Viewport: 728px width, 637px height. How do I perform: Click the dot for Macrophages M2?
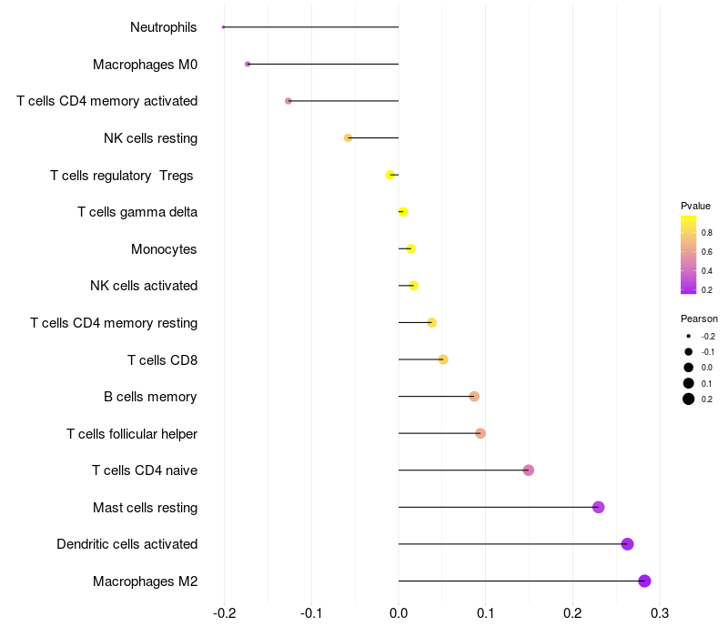pyautogui.click(x=644, y=581)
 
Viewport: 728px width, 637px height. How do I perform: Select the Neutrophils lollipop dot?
pyautogui.click(x=223, y=27)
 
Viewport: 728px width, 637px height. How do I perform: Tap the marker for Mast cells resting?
pyautogui.click(x=598, y=507)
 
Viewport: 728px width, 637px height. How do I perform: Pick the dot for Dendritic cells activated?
pyautogui.click(x=627, y=544)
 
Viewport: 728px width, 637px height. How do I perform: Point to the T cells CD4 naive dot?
pyautogui.click(x=529, y=470)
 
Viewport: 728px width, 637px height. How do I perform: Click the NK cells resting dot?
pyautogui.click(x=348, y=137)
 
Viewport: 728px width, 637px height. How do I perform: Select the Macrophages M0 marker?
pyautogui.click(x=248, y=64)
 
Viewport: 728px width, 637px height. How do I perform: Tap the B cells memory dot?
pyautogui.click(x=474, y=396)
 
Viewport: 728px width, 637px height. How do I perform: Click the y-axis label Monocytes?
pyautogui.click(x=164, y=248)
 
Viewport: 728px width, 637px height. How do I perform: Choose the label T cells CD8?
pyautogui.click(x=162, y=359)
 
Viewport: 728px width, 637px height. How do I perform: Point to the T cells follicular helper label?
pyautogui.click(x=132, y=433)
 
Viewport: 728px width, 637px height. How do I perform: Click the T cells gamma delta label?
pyautogui.click(x=137, y=212)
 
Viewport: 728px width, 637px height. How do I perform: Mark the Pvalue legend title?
pyautogui.click(x=695, y=206)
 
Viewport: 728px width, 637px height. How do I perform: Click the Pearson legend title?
pyautogui.click(x=699, y=318)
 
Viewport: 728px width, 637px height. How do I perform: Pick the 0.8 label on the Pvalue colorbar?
pyautogui.click(x=706, y=232)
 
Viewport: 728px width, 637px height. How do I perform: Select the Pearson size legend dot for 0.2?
pyautogui.click(x=689, y=399)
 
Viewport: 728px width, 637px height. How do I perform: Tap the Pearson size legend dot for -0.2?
pyautogui.click(x=689, y=336)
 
